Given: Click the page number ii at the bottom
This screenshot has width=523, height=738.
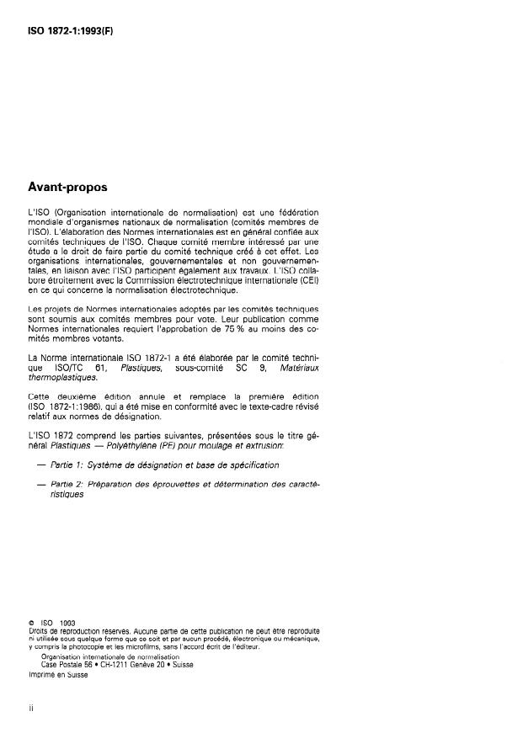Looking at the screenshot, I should click(30, 709).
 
